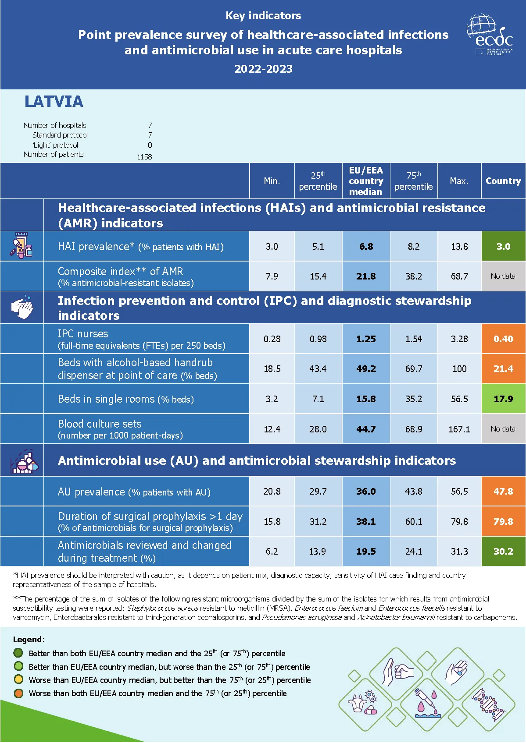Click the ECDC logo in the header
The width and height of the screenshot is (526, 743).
pos(490,35)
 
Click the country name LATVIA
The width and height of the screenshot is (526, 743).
pos(54,102)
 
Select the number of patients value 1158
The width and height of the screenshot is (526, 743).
pos(144,157)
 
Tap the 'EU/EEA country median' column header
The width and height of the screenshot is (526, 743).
pos(366,181)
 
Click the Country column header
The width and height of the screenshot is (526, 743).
pos(503,181)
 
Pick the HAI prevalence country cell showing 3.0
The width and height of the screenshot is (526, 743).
pos(503,246)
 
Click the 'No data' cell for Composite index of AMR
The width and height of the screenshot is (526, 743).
pos(503,276)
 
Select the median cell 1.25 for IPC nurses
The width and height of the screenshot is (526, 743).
pos(366,339)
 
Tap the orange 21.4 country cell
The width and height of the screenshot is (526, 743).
pos(503,368)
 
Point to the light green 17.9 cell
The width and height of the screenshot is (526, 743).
pos(503,399)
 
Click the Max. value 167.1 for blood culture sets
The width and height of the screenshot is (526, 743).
pos(459,429)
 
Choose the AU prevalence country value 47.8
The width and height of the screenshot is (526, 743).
pos(503,491)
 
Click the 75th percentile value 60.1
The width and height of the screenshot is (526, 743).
pos(413,521)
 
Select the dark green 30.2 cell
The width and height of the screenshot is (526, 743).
pos(503,551)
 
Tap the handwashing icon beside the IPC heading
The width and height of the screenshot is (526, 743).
pos(22,307)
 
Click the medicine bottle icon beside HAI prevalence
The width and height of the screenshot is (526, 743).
pos(21,245)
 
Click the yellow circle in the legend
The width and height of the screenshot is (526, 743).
pos(18,679)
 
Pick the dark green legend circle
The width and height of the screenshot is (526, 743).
pos(18,653)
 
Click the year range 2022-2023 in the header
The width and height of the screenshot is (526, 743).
pos(263,69)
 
